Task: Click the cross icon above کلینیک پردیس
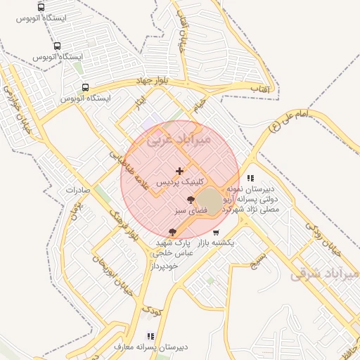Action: [179, 170]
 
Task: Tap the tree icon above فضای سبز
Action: [191, 200]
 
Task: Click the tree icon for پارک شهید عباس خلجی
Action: [172, 231]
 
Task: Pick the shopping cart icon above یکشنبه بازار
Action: [216, 232]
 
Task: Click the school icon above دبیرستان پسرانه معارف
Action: [150, 336]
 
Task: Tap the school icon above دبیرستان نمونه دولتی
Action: [251, 178]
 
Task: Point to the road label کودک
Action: [151, 307]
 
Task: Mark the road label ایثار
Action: [139, 105]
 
